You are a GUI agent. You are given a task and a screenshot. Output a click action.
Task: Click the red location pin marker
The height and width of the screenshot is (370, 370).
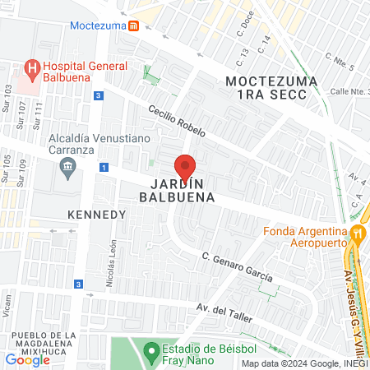pyautogui.click(x=185, y=167)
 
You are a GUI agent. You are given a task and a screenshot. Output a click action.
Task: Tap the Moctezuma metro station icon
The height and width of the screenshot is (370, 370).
pyautogui.click(x=133, y=25)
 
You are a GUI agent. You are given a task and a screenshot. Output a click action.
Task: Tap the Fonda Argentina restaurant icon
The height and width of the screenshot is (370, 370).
pyautogui.click(x=356, y=234)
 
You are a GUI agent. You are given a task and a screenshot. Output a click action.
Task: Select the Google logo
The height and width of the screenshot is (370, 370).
pyautogui.click(x=27, y=359)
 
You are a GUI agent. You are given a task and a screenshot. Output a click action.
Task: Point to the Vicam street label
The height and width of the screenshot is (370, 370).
pyautogui.click(x=7, y=308)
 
